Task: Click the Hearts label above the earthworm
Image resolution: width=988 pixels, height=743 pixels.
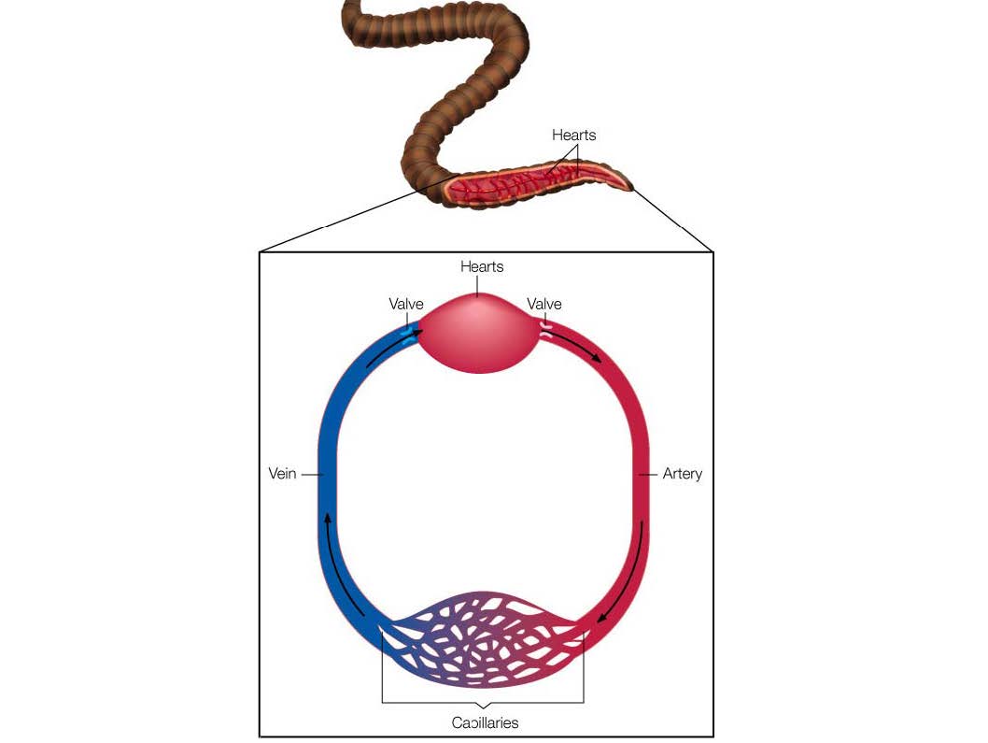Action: [x=573, y=136]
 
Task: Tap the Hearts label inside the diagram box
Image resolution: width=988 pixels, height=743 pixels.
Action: [x=482, y=267]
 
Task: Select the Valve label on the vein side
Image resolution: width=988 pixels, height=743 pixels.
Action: [x=406, y=304]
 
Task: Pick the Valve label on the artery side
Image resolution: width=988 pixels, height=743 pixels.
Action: [x=544, y=304]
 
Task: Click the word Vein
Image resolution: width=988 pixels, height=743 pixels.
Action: [x=282, y=474]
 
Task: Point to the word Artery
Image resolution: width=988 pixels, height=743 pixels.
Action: [x=682, y=474]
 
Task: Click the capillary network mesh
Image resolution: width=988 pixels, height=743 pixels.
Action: [x=482, y=640]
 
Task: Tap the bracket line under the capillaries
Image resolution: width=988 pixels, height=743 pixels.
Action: [x=482, y=702]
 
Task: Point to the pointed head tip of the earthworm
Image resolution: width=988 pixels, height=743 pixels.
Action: [x=630, y=187]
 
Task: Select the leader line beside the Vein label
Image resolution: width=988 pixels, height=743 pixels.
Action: [x=310, y=474]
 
